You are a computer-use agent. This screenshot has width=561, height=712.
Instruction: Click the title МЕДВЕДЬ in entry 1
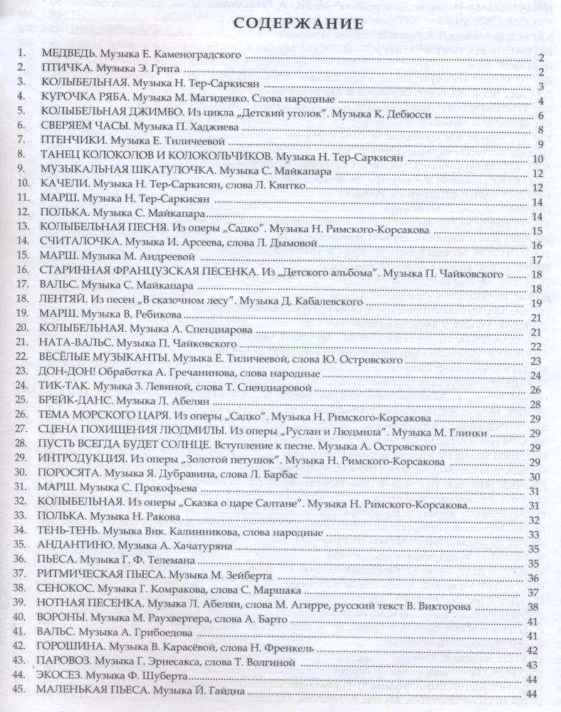point(69,56)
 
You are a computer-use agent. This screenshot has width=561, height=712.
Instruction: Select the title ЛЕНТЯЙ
point(65,302)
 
